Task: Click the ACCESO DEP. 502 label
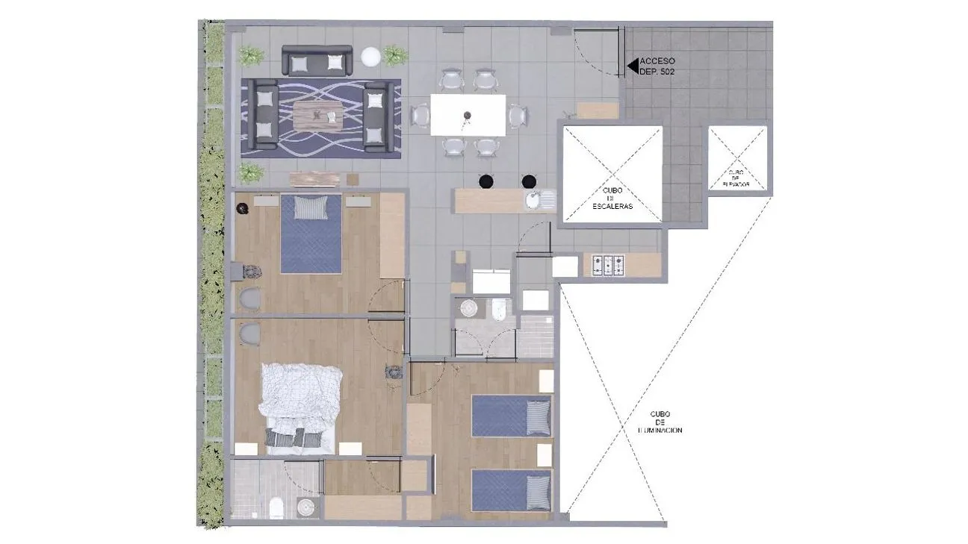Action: [657, 66]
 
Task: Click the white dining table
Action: [468, 115]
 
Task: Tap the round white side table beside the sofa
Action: [370, 57]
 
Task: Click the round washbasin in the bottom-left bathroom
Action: [306, 507]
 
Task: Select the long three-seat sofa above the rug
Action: [317, 61]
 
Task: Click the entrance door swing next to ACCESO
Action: [598, 52]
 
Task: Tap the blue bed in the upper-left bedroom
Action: [311, 233]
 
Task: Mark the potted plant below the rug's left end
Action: [252, 173]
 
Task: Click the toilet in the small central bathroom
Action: [499, 309]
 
